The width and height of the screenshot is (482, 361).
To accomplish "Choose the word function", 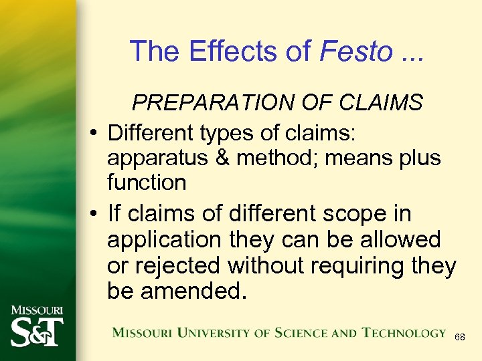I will tap(147, 181).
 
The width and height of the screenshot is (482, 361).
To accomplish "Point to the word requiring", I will tap(347, 265).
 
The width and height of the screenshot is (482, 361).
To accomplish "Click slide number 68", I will tap(459, 338).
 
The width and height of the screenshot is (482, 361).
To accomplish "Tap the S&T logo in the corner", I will tap(36, 328).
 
